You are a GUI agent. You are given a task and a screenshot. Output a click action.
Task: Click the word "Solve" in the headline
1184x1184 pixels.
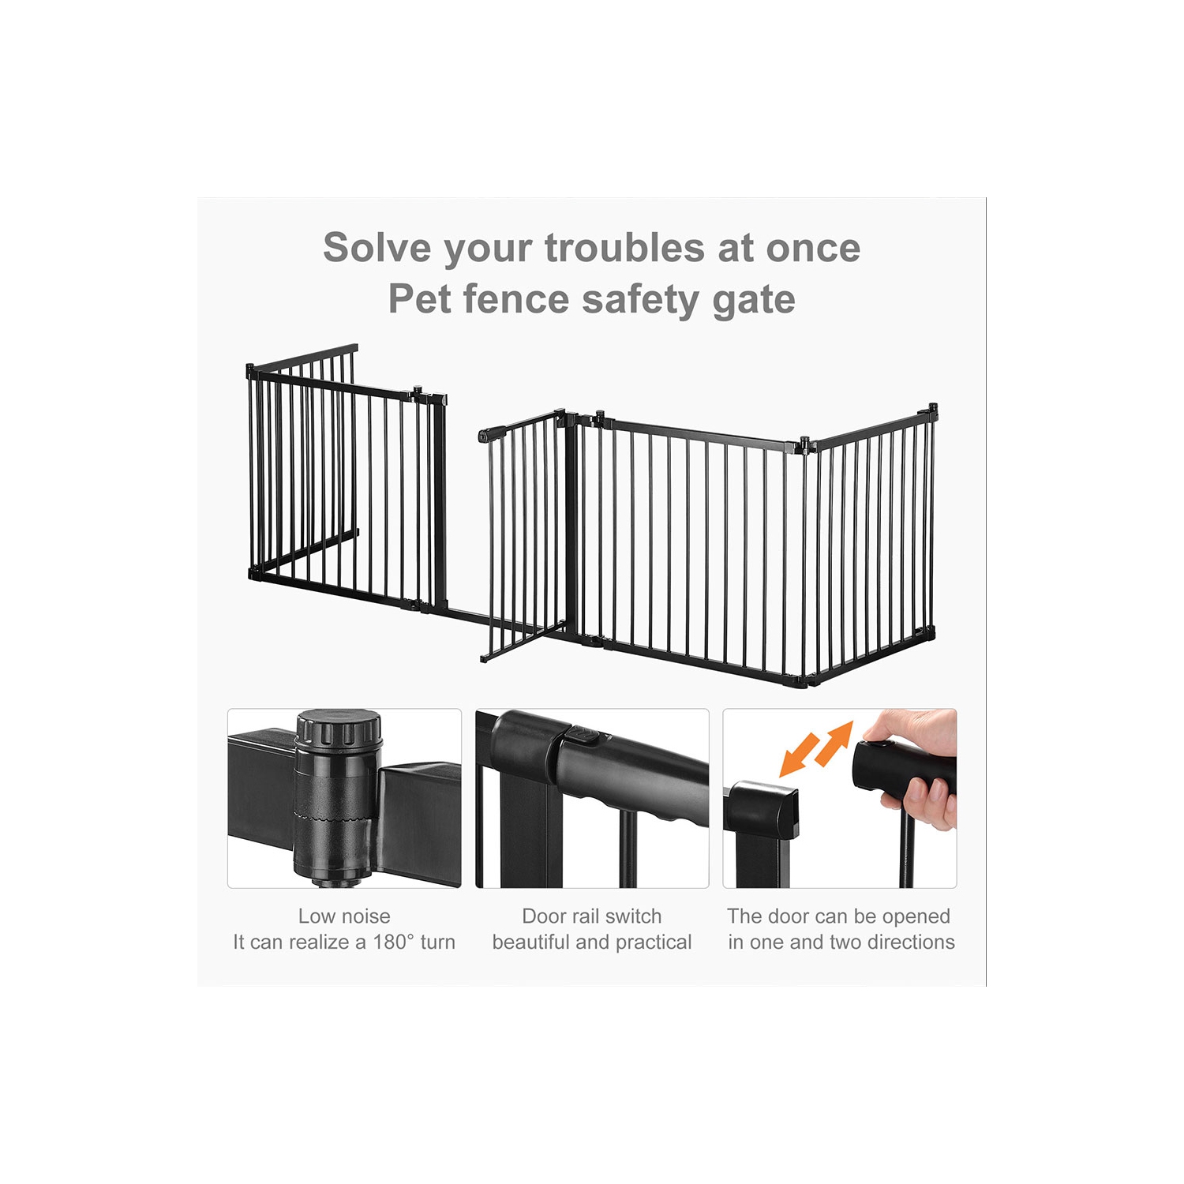(377, 248)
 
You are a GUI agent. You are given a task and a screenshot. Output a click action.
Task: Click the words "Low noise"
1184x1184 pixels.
(344, 916)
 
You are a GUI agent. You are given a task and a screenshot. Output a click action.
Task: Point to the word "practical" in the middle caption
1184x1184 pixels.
(653, 942)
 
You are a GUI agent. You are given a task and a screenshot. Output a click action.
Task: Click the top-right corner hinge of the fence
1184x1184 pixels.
(933, 411)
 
